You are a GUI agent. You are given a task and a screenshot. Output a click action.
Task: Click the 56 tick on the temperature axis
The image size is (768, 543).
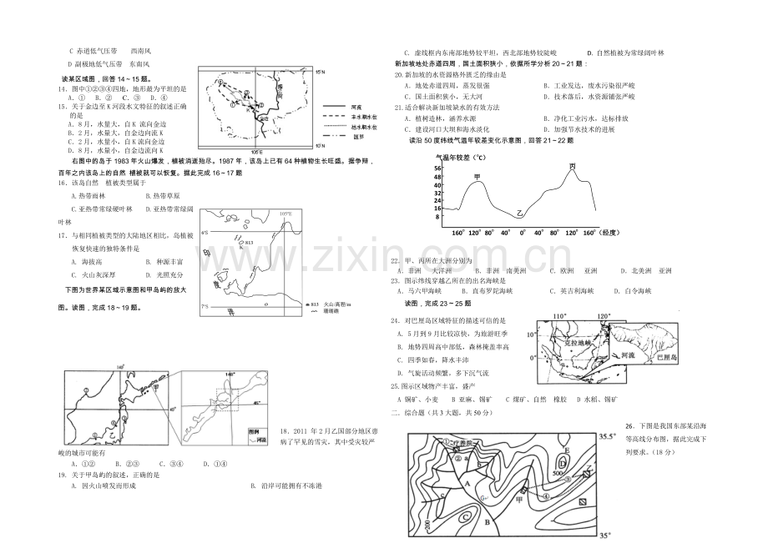pos(437,168)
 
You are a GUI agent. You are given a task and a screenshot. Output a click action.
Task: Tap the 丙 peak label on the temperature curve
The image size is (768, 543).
pos(572,167)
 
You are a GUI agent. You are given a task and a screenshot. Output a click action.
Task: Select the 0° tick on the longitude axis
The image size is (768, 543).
pos(523,234)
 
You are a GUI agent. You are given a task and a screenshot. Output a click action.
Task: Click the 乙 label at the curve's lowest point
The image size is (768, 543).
pos(518,214)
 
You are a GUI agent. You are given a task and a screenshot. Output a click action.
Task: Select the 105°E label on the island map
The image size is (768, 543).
pos(285,214)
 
